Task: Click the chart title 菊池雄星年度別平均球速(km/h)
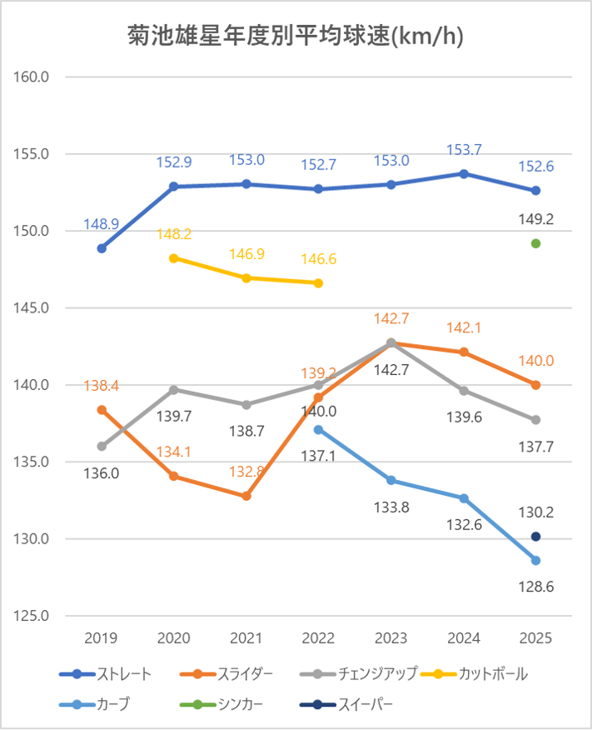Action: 296,36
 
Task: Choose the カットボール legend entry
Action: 475,673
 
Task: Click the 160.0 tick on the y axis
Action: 34,77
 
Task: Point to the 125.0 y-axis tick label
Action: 34,616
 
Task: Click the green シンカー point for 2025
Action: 536,243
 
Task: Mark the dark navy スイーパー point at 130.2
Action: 536,536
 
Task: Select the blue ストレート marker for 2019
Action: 102,248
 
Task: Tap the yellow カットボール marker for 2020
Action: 174,258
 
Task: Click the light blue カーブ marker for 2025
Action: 536,560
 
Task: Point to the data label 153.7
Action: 464,150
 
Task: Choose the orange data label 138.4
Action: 102,386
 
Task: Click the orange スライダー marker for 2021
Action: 246,496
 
